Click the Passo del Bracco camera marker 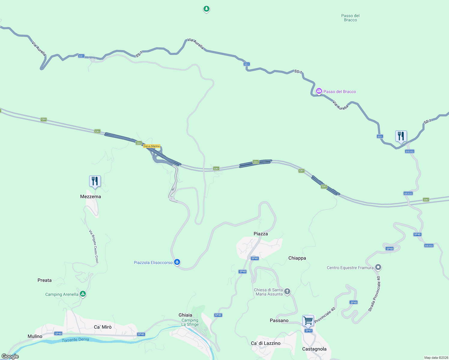[x=319, y=91]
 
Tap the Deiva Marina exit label [x=152, y=146]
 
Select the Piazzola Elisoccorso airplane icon [x=177, y=262]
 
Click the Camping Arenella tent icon [x=83, y=294]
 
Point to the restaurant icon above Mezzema [x=95, y=181]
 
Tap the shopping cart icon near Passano [x=308, y=321]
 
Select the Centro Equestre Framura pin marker [x=378, y=267]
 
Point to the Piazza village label [x=261, y=234]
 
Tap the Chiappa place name [x=297, y=258]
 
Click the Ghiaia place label [x=185, y=315]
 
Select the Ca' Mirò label [x=103, y=327]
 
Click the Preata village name [x=44, y=280]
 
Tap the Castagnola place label [x=314, y=349]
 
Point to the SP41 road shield [x=309, y=331]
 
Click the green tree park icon [x=206, y=9]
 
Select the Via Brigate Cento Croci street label [x=94, y=247]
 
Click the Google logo [x=10, y=356]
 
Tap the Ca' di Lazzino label [x=266, y=343]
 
